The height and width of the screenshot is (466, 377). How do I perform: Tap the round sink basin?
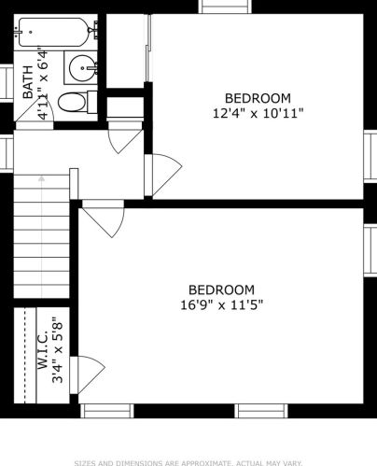click(x=81, y=67)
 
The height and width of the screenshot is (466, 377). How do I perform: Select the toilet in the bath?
click(x=77, y=102)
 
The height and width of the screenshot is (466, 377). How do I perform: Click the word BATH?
click(x=28, y=82)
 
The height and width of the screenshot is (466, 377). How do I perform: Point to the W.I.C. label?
click(x=43, y=350)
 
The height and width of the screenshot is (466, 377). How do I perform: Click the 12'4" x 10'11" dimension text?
click(x=258, y=113)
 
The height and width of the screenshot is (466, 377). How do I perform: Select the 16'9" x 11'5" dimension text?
click(x=222, y=304)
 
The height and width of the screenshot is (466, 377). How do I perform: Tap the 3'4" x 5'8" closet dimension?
click(x=58, y=350)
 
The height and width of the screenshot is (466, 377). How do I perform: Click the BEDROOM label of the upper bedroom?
click(x=258, y=98)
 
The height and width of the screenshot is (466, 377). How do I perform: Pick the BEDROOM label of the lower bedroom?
click(x=221, y=290)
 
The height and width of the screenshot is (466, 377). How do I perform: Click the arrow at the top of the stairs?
click(x=41, y=178)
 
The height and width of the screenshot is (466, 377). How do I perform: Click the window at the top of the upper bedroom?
click(x=225, y=7)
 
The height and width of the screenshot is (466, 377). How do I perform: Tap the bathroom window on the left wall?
click(x=7, y=82)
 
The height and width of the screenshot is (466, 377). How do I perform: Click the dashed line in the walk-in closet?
click(x=25, y=356)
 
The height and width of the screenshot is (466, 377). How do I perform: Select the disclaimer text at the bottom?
click(x=188, y=463)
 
